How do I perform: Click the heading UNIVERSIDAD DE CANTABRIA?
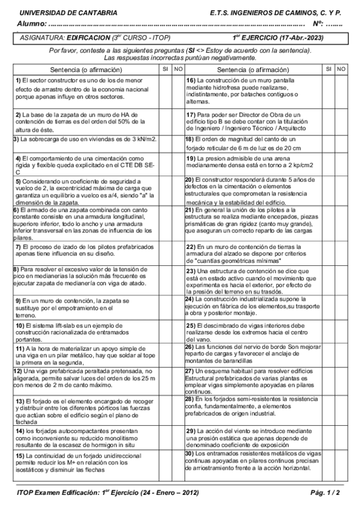(52, 12)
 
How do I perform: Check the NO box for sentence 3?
(178, 140)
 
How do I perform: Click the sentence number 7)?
(19, 247)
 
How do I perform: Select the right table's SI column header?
(329, 70)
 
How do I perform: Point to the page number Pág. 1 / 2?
(327, 493)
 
